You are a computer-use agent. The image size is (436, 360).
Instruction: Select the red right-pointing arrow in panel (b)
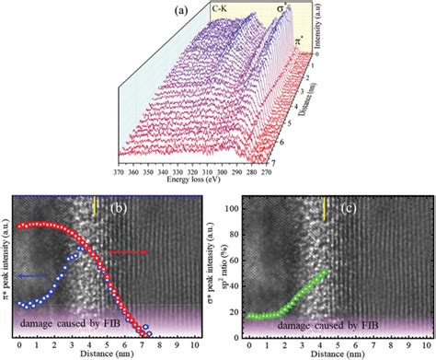[x=129, y=251]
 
